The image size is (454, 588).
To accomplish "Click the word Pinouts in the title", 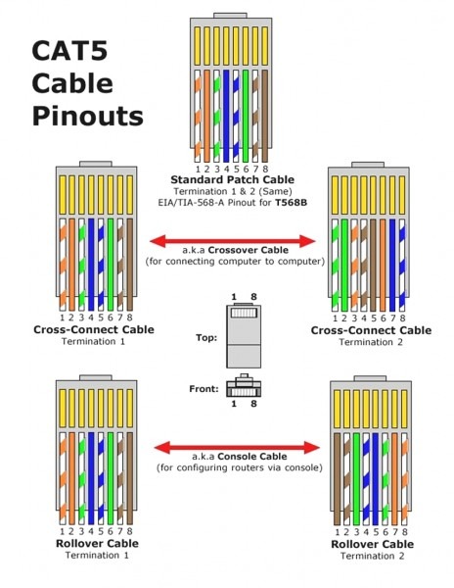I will [x=87, y=116].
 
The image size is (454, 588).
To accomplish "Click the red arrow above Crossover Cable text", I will [x=235, y=240].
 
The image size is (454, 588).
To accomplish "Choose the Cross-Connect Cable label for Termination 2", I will [x=370, y=330].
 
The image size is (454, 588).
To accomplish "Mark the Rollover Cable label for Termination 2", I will [x=372, y=544].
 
